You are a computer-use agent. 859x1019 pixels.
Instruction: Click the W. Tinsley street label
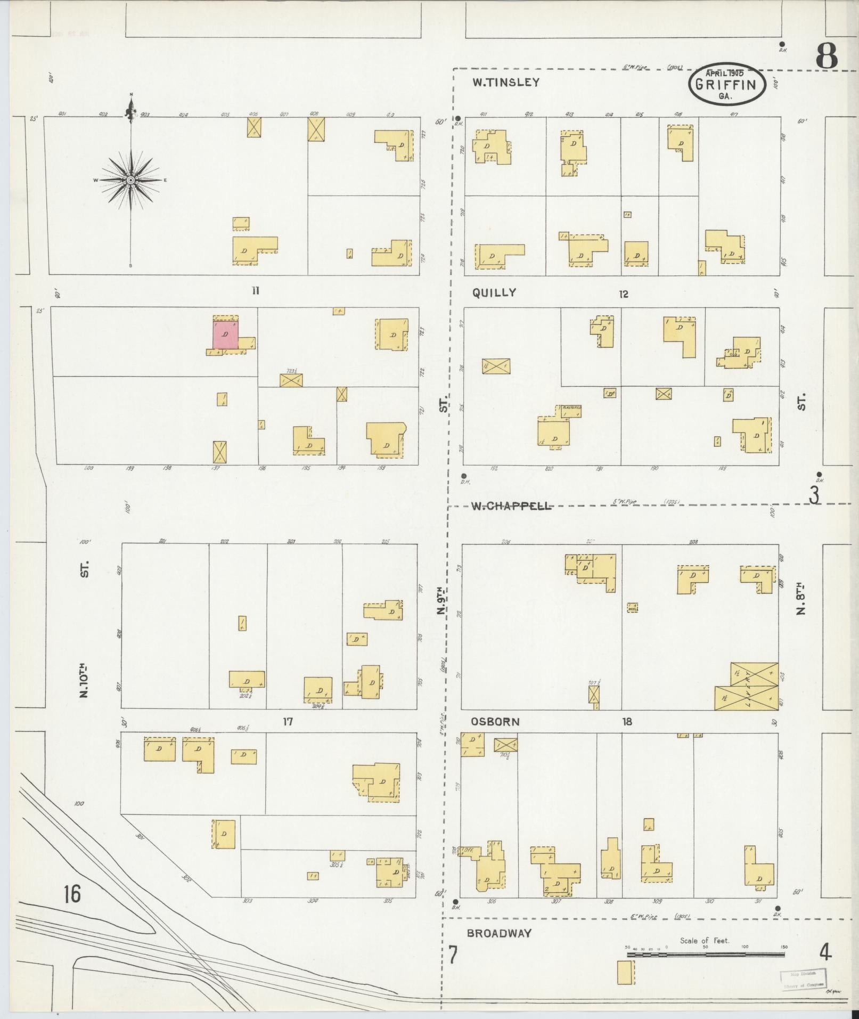click(x=506, y=83)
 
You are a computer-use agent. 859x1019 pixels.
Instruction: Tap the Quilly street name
click(x=494, y=292)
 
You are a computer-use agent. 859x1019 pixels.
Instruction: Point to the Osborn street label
click(x=495, y=722)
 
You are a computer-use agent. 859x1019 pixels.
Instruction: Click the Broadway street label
click(x=499, y=933)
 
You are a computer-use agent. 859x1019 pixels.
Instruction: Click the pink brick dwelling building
click(x=226, y=334)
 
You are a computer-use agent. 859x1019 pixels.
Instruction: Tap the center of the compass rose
click(x=130, y=181)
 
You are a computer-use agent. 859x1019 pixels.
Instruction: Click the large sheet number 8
click(x=826, y=55)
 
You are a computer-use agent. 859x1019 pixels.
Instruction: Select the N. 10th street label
click(x=84, y=680)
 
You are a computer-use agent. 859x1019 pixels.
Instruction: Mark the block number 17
click(x=288, y=722)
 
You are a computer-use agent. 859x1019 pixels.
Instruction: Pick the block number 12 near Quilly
click(x=624, y=294)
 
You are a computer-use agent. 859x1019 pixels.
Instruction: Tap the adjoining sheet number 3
click(x=814, y=495)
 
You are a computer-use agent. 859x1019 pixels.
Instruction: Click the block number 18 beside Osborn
click(x=627, y=722)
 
